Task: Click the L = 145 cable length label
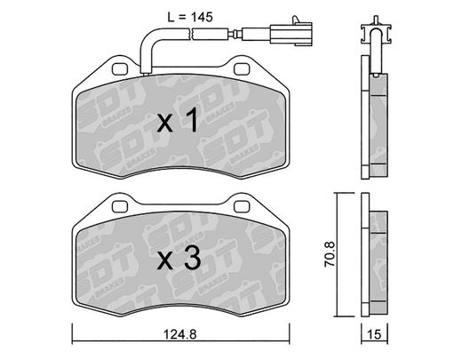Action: click(190, 17)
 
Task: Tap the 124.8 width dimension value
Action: click(180, 334)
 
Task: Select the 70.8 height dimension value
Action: click(330, 254)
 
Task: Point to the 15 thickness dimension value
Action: click(374, 334)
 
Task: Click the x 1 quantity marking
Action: click(178, 120)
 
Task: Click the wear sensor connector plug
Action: click(291, 33)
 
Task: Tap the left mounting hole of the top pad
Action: click(120, 69)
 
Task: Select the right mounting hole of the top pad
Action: click(242, 69)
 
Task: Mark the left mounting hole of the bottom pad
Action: click(120, 206)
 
